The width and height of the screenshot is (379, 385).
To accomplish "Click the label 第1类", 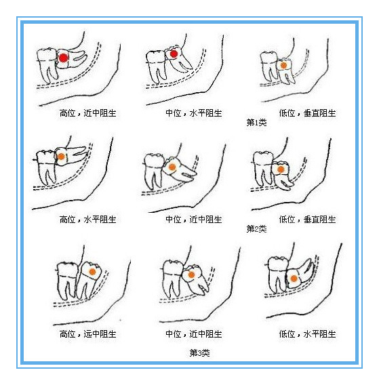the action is coord(256,122).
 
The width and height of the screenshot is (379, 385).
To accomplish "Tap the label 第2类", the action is coord(256,229).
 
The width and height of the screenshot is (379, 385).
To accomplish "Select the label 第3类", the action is coord(199,353).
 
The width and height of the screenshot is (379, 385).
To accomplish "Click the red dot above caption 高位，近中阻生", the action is coord(64,58).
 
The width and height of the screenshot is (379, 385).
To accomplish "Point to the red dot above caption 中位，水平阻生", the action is coord(174,54).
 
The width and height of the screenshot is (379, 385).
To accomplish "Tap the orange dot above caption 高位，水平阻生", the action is coord(61,157).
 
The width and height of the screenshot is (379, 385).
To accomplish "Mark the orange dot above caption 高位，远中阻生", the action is coord(92,272).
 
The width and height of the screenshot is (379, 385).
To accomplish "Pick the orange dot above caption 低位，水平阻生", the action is coord(294,279).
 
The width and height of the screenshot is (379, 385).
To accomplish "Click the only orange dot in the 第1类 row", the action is coord(283,65).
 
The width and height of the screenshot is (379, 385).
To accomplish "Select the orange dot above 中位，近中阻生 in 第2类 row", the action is coord(172,167).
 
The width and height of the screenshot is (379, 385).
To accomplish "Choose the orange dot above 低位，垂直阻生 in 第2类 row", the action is coord(281,169).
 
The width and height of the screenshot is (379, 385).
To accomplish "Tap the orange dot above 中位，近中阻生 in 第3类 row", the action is coord(191,275).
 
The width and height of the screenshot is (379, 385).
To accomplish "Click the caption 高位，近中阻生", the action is coord(87,113).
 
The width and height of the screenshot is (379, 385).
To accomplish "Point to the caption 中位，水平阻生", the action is coord(193,113).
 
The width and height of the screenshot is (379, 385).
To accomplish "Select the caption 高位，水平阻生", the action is coord(87,219).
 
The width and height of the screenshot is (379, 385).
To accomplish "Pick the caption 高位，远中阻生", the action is coord(87,334).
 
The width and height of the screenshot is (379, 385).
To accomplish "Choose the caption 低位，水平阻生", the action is coord(307,334).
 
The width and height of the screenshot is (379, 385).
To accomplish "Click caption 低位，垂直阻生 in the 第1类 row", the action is coord(307,113).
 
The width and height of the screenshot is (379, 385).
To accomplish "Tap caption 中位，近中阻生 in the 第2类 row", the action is coord(193,219).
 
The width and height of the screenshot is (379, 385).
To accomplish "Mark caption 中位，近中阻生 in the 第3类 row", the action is coord(193,334).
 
